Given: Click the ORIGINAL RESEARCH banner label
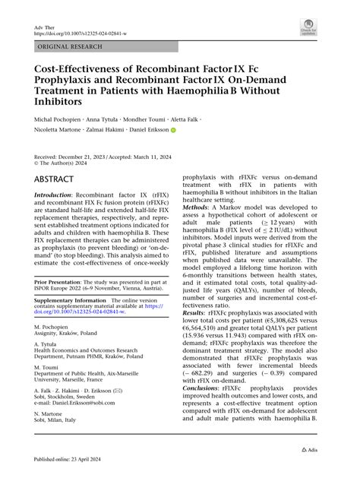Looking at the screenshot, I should pos(67,47).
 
